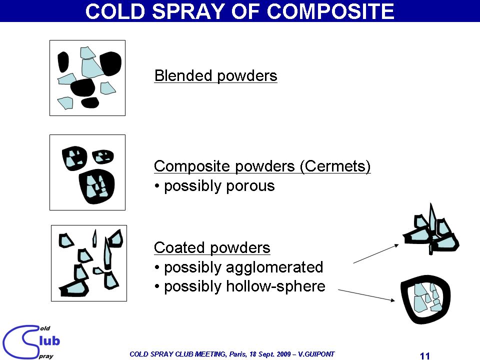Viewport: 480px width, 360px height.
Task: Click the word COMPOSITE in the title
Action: pyautogui.click(x=330, y=11)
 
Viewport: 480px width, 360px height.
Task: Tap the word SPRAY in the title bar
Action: pyautogui.click(x=188, y=11)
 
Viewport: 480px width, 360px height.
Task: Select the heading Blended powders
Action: pyautogui.click(x=216, y=76)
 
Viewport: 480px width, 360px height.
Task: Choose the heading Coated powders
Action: pyautogui.click(x=212, y=247)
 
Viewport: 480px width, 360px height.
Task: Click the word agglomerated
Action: pyautogui.click(x=274, y=267)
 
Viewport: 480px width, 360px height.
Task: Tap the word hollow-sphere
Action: pyautogui.click(x=275, y=286)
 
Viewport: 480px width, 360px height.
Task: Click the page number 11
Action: pyautogui.click(x=425, y=355)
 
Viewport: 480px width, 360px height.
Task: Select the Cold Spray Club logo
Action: pyautogui.click(x=30, y=342)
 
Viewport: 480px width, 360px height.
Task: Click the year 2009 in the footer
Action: pyautogui.click(x=284, y=354)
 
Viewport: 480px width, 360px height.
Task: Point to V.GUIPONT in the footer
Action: pyautogui.click(x=316, y=354)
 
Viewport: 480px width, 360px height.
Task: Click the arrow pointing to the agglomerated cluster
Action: pyautogui.click(x=376, y=254)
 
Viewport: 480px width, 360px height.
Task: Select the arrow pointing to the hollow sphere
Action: pyautogui.click(x=366, y=295)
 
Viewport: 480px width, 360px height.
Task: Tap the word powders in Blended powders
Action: pyautogui.click(x=247, y=76)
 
